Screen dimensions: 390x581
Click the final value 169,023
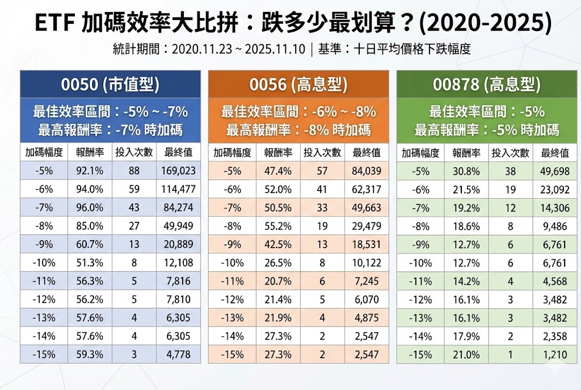coord(179,170)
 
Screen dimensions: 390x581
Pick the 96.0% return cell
coord(89,208)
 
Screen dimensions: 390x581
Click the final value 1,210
coord(554,355)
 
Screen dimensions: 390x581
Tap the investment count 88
coord(134,170)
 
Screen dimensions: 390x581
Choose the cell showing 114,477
coord(179,189)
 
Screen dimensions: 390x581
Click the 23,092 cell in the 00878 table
coord(554,189)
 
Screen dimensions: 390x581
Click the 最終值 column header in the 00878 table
coord(554,152)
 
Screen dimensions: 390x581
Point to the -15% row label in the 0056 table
coord(232,355)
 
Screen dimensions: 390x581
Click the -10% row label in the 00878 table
coord(420,263)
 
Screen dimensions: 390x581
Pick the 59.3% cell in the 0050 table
coord(89,355)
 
